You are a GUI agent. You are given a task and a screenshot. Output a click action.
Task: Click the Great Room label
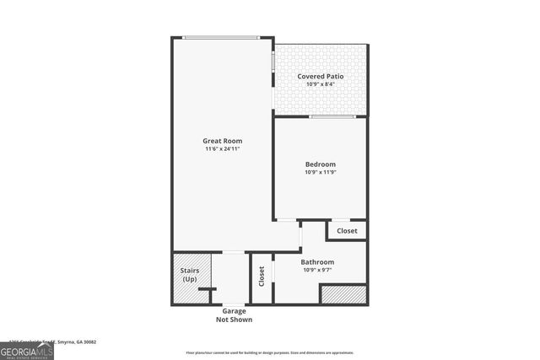click(223, 140)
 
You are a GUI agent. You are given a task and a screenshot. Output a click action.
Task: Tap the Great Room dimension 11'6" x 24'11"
click(223, 149)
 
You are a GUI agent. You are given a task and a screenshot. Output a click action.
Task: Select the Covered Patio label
click(321, 76)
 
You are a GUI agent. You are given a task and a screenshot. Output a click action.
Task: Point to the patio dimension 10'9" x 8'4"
click(321, 84)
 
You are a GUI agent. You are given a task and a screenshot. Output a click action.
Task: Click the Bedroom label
click(321, 164)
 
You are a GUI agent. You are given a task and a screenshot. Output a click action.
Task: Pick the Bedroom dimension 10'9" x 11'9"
click(321, 173)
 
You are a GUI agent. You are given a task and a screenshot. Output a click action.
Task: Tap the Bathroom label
click(317, 261)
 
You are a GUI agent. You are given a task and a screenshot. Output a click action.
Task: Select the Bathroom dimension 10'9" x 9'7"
click(317, 271)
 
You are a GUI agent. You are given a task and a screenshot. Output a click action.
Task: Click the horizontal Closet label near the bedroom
click(347, 230)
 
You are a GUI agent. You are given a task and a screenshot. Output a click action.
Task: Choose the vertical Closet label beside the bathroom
click(262, 276)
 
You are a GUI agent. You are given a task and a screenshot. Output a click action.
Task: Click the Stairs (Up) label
click(190, 274)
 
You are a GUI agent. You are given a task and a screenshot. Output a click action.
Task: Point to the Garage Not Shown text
click(234, 315)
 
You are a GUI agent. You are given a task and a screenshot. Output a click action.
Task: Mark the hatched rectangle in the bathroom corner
click(343, 294)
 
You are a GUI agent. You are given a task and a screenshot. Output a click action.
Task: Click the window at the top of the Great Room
click(221, 37)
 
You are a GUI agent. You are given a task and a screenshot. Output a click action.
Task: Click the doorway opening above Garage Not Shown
click(234, 304)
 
